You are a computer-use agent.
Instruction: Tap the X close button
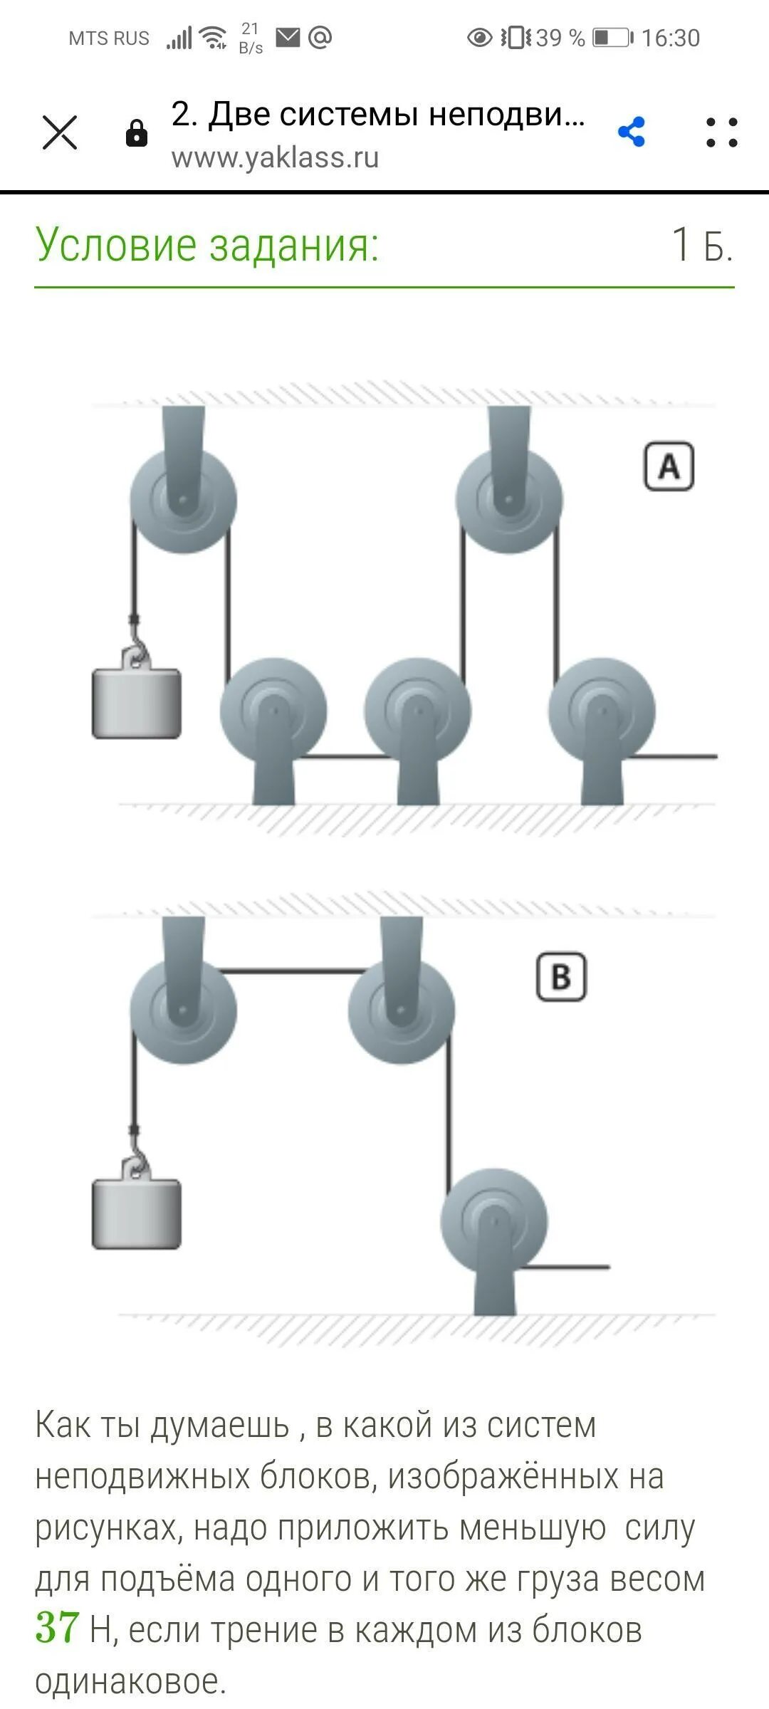(x=60, y=132)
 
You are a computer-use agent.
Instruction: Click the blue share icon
(x=632, y=132)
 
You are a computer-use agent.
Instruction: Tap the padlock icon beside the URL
(x=136, y=133)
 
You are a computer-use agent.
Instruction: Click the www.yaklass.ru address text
(x=275, y=157)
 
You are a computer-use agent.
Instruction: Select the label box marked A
(x=669, y=467)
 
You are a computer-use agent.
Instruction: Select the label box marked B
(x=561, y=977)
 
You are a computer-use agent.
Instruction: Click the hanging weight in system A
(x=136, y=703)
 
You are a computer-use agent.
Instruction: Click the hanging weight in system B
(x=136, y=1213)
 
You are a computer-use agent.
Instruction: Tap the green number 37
(x=57, y=1628)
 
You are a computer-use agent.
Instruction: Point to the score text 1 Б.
(x=701, y=245)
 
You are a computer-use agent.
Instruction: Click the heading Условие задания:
(x=206, y=244)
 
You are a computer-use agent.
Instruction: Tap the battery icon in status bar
(x=612, y=37)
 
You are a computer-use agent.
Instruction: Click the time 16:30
(x=671, y=38)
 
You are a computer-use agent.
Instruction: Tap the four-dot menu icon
(x=721, y=132)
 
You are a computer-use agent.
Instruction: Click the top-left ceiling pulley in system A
(x=183, y=500)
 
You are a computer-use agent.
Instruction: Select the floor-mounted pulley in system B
(x=494, y=1222)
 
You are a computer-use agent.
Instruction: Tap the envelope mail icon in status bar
(x=288, y=36)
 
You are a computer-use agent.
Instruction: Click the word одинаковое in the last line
(x=130, y=1681)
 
